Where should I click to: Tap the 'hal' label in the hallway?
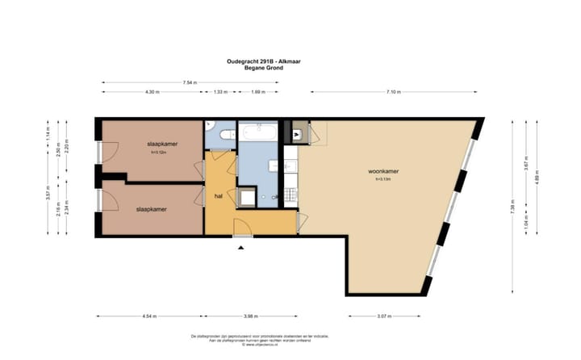pyautogui.click(x=218, y=196)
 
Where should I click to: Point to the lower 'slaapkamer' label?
pyautogui.click(x=152, y=209)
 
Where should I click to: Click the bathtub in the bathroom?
pyautogui.click(x=257, y=131)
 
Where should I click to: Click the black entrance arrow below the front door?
pyautogui.click(x=240, y=248)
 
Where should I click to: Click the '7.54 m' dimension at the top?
pyautogui.click(x=191, y=82)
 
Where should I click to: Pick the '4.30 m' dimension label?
pyautogui.click(x=151, y=92)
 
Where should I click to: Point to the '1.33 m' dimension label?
pyautogui.click(x=219, y=92)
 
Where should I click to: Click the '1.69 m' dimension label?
pyautogui.click(x=257, y=92)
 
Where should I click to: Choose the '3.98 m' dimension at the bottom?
pyautogui.click(x=251, y=316)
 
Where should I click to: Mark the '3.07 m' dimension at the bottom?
pyautogui.click(x=384, y=316)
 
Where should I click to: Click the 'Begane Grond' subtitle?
pyautogui.click(x=260, y=68)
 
